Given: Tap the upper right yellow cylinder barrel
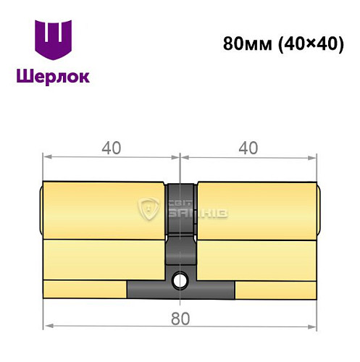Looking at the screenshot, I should tap(257, 210).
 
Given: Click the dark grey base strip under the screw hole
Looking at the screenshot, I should tap(180, 290).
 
